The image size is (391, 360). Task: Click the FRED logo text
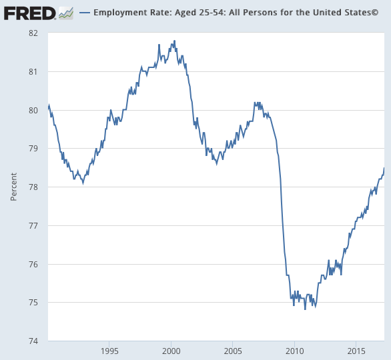coord(28,13)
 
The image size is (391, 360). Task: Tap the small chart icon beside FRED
coord(65,13)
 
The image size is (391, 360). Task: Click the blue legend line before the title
coord(84,13)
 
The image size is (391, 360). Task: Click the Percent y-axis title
coord(13,187)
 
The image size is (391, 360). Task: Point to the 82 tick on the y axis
coord(33,33)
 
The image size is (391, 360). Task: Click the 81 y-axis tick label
coord(33,72)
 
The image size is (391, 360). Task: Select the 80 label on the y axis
coord(33,110)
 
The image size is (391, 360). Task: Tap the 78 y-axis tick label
coord(33,187)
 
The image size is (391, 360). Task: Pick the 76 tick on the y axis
coord(33,265)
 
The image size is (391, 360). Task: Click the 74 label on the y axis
coord(33,341)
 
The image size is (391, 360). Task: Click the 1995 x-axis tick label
coord(109,351)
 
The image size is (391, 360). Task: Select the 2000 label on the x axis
coord(171,351)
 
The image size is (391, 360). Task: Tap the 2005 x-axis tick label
coord(233,351)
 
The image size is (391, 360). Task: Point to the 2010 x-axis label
coord(294,351)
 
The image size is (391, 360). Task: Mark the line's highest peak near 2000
coord(174,41)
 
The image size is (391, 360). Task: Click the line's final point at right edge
coord(384,168)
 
